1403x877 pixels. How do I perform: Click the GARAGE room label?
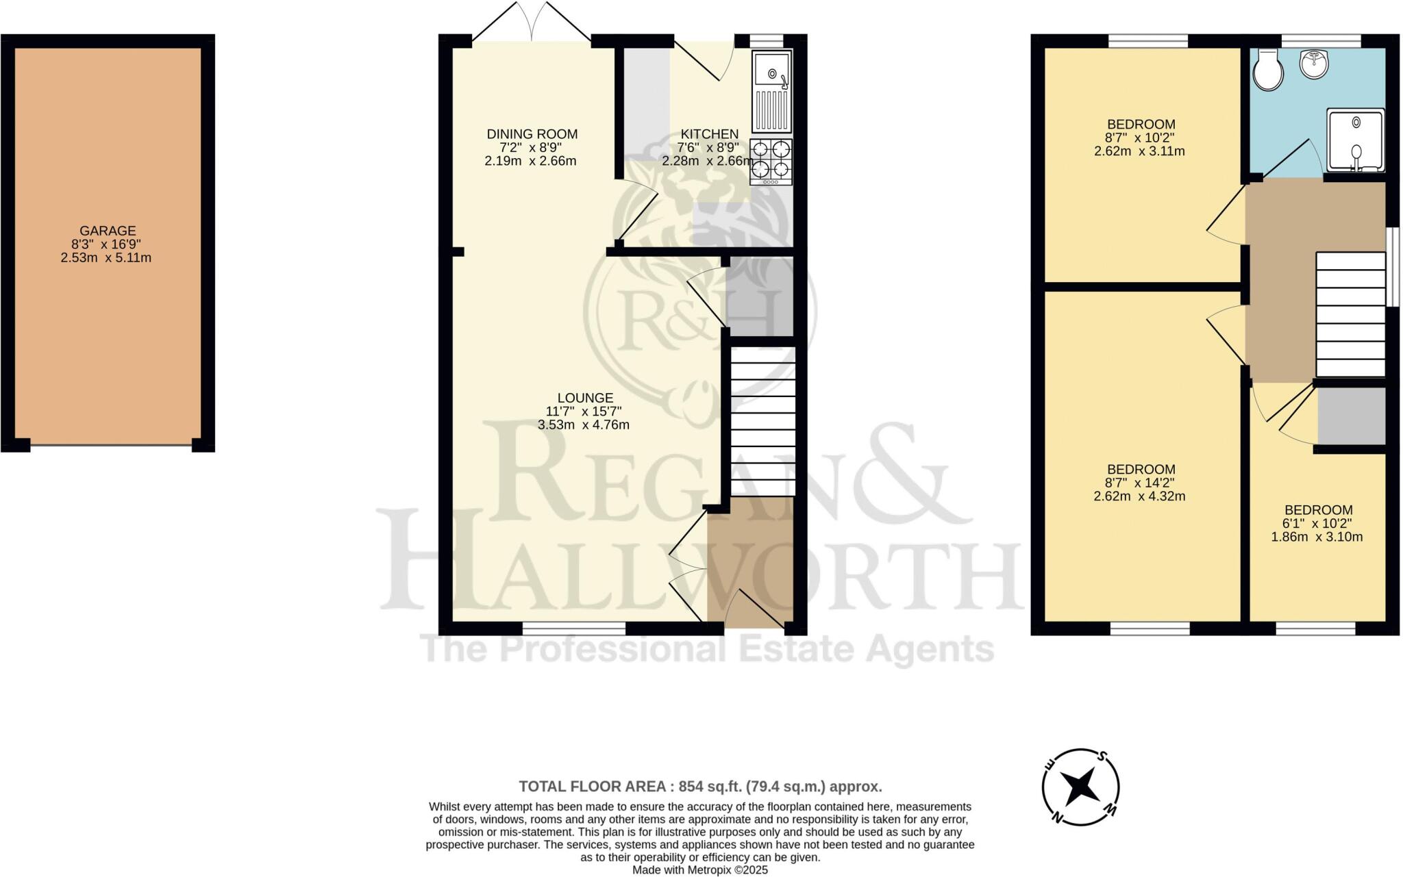point(108,231)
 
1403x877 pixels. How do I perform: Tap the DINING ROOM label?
point(532,134)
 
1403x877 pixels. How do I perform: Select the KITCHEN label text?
point(709,134)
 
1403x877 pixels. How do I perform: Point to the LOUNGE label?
point(584,398)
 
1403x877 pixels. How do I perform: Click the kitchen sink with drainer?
point(771,91)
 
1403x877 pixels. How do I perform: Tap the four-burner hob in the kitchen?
point(771,162)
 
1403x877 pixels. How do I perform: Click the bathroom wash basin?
point(1314,64)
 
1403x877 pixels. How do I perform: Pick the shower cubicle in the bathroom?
point(1356,140)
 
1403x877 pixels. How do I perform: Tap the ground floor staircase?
point(762,420)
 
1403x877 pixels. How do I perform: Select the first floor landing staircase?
point(1350,314)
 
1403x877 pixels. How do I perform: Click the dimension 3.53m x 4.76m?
point(584,424)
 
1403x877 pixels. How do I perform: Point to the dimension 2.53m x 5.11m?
point(106,258)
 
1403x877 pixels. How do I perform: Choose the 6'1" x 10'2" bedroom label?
point(1318,523)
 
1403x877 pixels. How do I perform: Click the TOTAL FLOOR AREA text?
point(699,786)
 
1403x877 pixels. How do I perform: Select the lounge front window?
point(574,628)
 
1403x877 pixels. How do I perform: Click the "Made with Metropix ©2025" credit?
point(699,870)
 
